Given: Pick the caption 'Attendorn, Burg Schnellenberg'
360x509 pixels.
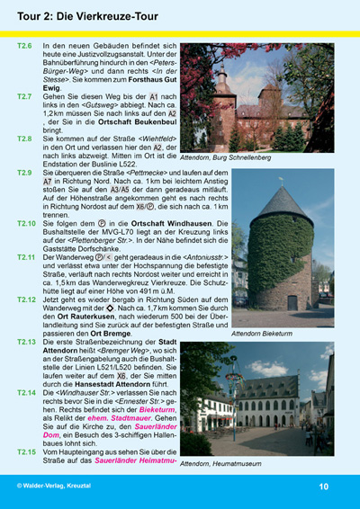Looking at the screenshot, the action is pyautogui.click(x=225, y=157).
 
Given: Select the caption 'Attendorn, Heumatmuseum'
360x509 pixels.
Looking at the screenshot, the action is pyautogui.click(x=221, y=464).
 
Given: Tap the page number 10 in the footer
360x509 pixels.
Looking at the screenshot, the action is pyautogui.click(x=323, y=486).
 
